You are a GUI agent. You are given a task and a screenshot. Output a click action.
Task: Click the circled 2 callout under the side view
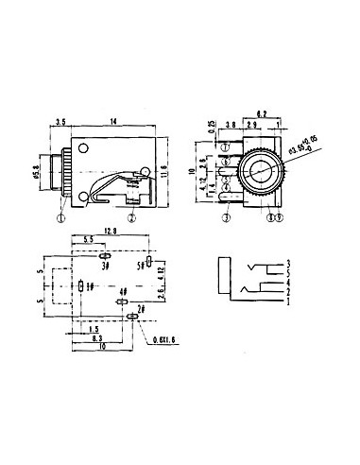133,216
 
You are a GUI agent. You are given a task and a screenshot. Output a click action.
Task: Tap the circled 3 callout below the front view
227,216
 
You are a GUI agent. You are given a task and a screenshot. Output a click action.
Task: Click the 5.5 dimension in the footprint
87,241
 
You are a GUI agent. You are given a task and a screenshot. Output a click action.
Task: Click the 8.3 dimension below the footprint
98,336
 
